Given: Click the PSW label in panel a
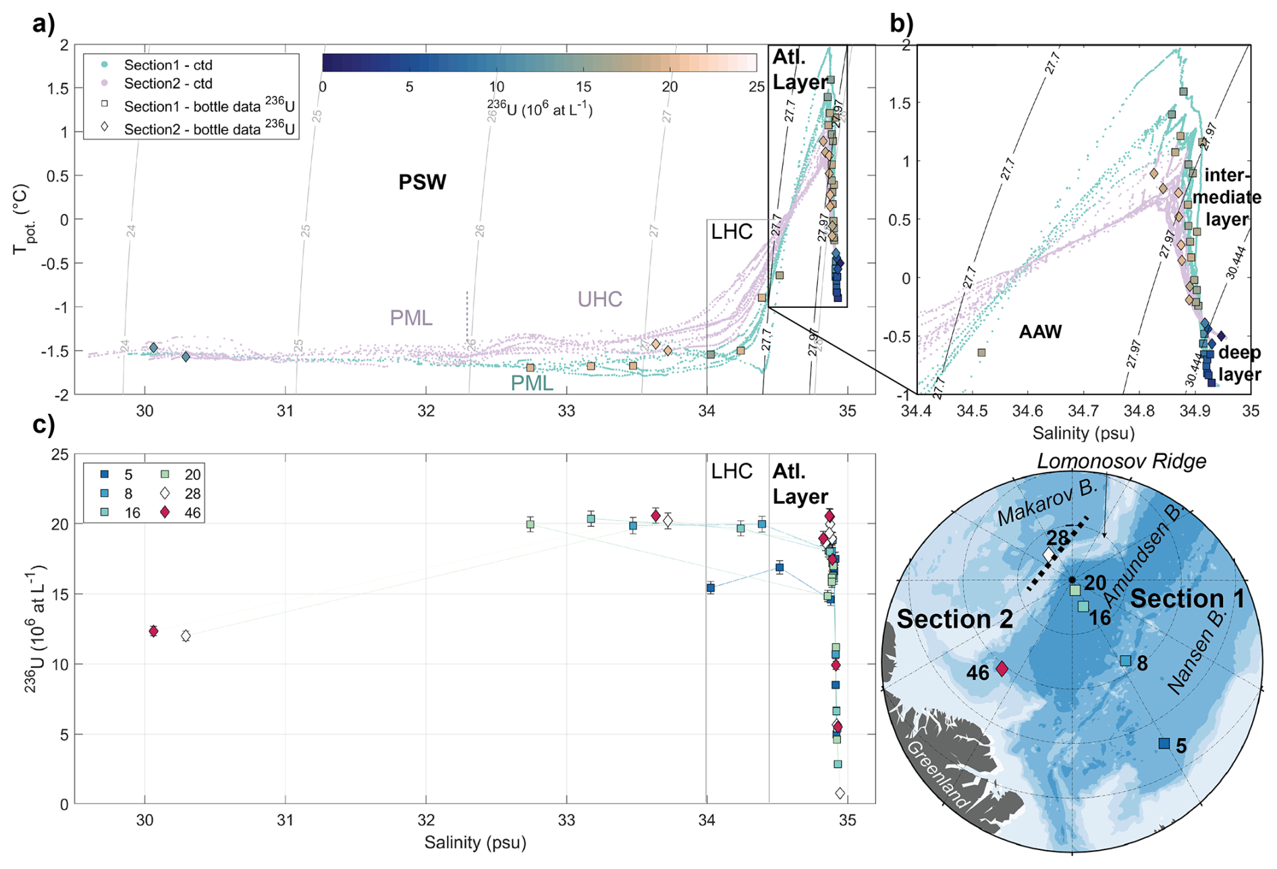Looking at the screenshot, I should (x=422, y=182).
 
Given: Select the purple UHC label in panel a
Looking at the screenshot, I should (x=599, y=299).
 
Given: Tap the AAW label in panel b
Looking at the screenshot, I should (x=1040, y=332).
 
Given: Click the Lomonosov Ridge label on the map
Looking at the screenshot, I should (x=1121, y=462).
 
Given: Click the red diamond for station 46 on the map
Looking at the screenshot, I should (x=1002, y=668).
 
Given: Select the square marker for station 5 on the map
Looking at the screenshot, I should (x=1164, y=743).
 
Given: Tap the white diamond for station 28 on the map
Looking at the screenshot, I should (x=1048, y=555).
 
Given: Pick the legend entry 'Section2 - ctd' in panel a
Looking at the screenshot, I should (x=168, y=84).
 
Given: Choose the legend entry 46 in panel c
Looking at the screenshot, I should (x=192, y=512).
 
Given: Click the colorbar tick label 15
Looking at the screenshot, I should (x=583, y=87).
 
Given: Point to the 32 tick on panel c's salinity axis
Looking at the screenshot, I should (x=426, y=820).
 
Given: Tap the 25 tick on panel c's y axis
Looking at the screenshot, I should (x=60, y=454).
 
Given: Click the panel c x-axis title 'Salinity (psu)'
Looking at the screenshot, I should (x=474, y=843).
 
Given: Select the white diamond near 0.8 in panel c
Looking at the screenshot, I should (x=840, y=793).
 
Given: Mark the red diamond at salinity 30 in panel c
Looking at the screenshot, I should (x=153, y=631).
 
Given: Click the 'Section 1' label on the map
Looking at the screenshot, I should (x=1187, y=599).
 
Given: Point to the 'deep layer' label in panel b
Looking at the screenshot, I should (x=1239, y=363).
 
